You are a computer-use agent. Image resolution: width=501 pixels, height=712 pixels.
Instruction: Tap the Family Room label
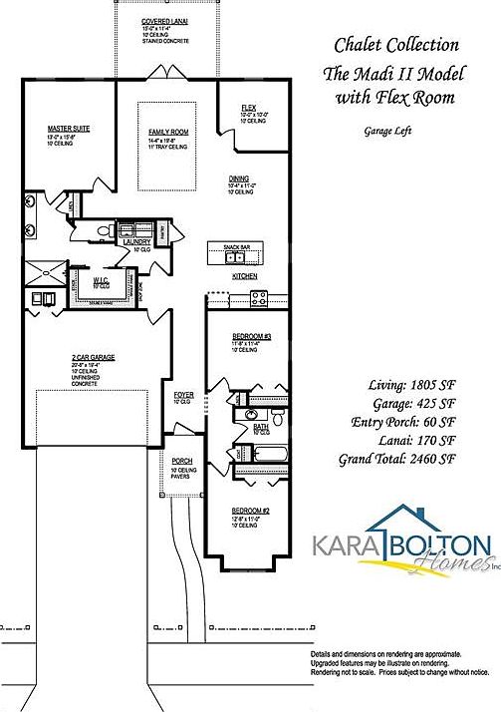coord(169,132)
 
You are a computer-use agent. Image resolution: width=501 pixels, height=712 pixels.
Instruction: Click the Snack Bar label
coord(237,246)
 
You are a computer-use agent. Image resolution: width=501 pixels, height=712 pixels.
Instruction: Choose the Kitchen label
coord(245,275)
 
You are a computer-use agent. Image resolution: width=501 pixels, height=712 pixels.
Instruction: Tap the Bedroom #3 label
coord(244,337)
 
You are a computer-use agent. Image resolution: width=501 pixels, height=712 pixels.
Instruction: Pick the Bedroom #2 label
coord(243,510)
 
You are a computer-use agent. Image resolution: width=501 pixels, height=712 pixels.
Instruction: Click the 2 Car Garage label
coord(93,357)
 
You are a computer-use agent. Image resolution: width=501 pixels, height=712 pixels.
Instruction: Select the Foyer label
coord(183,395)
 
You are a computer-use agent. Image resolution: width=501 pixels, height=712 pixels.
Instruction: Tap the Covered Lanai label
coord(166,20)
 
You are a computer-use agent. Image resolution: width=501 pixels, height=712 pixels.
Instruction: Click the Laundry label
coord(136,241)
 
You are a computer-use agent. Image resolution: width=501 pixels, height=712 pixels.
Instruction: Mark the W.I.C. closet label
coord(102,280)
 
